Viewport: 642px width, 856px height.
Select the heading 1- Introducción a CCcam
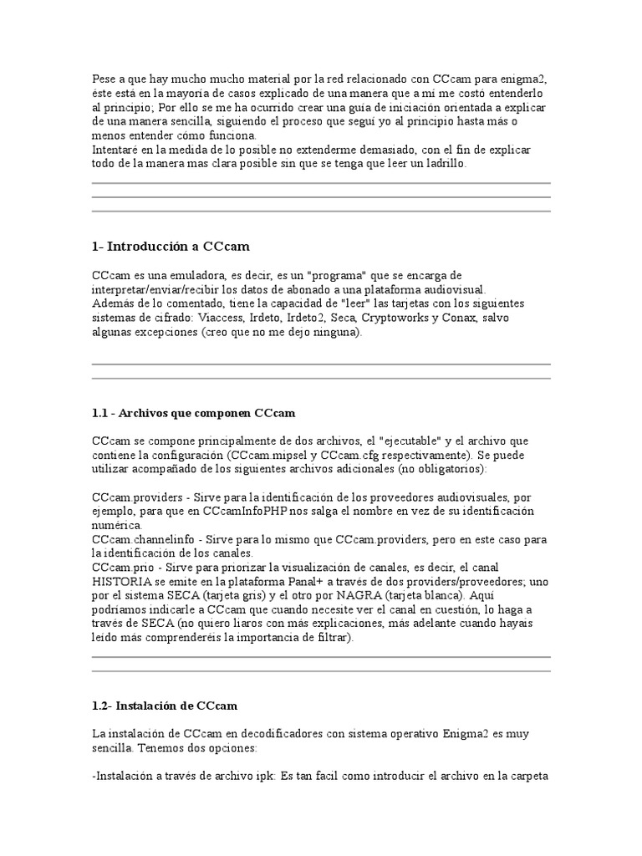pos(171,247)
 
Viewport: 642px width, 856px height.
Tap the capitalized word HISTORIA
pos(121,582)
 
